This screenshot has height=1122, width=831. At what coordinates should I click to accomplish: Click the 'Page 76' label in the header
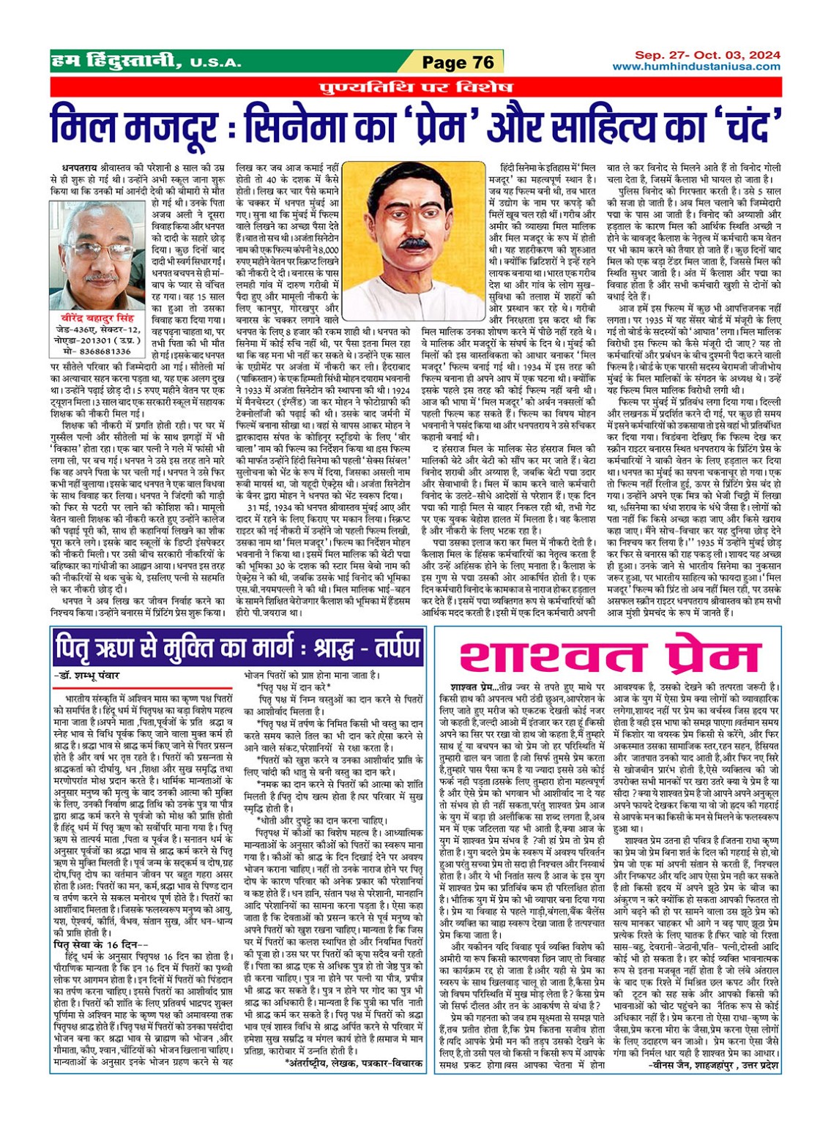point(458,63)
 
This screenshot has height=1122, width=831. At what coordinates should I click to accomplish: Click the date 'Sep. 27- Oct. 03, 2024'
point(707,55)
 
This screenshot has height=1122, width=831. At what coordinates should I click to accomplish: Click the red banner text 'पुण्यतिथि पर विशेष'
point(416,88)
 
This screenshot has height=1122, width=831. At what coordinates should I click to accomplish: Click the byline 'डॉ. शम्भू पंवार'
point(88,676)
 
